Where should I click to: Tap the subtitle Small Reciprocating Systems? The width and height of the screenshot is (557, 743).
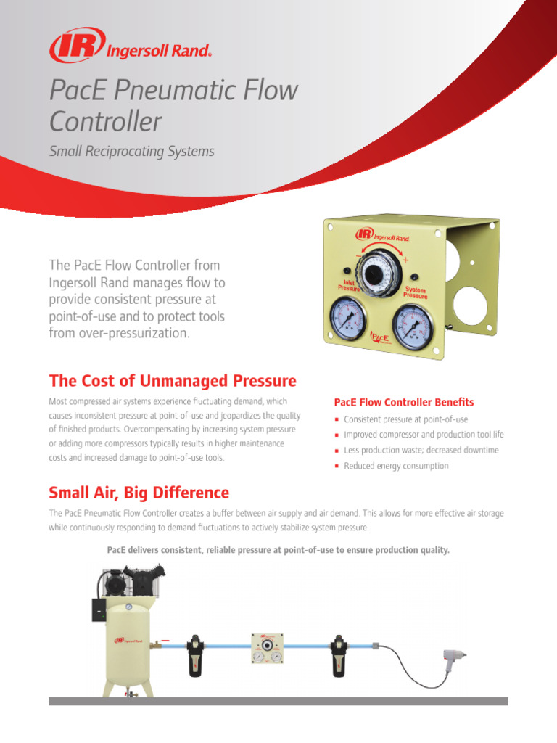pos(131,151)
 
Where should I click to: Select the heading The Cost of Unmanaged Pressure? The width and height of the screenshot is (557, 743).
pos(173,381)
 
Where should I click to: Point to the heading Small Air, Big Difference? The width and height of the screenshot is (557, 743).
pos(139,493)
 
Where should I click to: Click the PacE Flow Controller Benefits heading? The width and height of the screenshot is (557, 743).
pos(403,402)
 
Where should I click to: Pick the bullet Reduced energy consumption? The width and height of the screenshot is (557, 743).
pos(396,466)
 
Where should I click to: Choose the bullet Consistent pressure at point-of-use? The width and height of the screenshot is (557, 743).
pos(405,419)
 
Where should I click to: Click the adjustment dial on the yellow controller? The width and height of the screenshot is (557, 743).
pos(376,273)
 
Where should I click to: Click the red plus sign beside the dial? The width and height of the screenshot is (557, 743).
pos(405,260)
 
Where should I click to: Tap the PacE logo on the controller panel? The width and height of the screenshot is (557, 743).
pos(380,337)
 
